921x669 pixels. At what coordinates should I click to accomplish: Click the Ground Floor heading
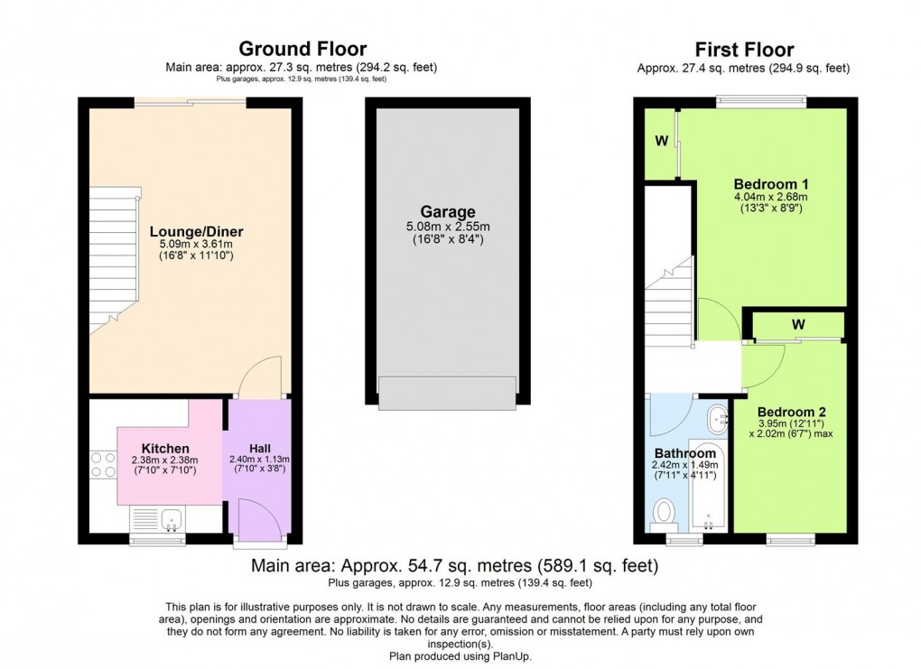pos(302,49)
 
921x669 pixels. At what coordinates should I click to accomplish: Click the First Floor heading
pos(743,49)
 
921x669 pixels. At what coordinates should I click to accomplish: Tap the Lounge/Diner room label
pos(196,232)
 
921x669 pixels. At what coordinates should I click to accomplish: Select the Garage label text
pos(447,213)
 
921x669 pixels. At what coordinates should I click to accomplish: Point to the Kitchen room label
pos(165,448)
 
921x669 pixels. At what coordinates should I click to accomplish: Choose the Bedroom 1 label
pos(770,183)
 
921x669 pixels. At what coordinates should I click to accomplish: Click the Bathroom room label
pos(685,453)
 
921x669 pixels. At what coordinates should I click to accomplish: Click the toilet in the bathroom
pos(665,513)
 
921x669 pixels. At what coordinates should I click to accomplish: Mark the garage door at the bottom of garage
pos(447,391)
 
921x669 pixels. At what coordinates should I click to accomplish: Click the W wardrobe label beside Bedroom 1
pos(661,141)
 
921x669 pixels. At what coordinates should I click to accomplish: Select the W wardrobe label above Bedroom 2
pos(798,323)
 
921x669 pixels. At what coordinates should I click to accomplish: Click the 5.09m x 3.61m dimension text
pos(196,244)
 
